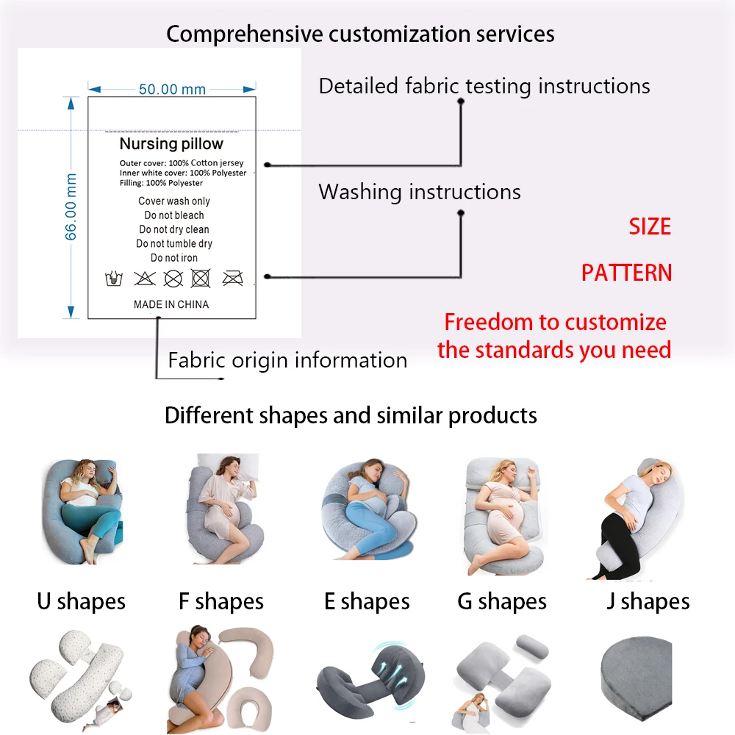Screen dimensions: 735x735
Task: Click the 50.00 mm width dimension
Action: click(172, 89)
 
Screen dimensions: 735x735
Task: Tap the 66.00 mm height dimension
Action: click(71, 207)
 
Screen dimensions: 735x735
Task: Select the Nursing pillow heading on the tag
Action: click(171, 144)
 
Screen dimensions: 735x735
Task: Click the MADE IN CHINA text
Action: click(171, 304)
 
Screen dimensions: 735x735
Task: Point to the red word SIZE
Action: click(650, 226)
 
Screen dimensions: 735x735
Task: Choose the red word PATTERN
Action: click(626, 273)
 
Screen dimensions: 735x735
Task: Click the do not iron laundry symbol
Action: click(232, 278)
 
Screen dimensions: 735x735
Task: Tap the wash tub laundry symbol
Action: click(114, 279)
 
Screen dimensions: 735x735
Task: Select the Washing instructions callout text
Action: click(419, 193)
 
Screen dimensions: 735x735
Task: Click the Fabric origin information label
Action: click(287, 361)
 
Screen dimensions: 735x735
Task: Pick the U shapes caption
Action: click(81, 602)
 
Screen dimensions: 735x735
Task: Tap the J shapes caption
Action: click(648, 602)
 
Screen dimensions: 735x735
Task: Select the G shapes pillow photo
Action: click(503, 515)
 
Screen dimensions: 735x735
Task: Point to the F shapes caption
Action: click(220, 602)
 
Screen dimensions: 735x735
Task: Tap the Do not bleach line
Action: click(174, 215)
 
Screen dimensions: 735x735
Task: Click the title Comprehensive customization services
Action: click(360, 34)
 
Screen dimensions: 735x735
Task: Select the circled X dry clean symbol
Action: click(173, 278)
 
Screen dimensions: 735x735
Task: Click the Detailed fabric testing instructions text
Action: click(484, 87)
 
